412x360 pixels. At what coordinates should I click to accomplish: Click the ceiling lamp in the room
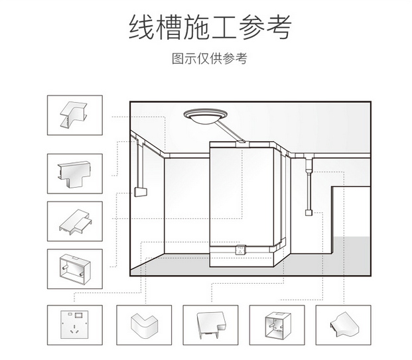[x=205, y=116]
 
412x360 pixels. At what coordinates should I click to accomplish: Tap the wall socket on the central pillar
[x=241, y=249]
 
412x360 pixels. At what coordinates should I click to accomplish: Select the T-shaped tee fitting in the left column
[x=74, y=174]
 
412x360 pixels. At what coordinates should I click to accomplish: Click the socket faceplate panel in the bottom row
[x=74, y=325]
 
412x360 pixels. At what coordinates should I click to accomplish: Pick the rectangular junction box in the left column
[x=75, y=269]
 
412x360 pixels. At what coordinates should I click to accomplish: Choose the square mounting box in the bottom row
[x=277, y=325]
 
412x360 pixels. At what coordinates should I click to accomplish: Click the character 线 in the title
[x=141, y=27]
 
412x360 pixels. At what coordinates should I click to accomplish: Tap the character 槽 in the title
[x=169, y=27]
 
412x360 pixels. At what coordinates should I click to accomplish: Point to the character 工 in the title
[x=224, y=27]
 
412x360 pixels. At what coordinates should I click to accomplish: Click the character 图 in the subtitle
[x=178, y=58]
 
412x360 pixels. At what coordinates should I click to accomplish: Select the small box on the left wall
[x=141, y=192]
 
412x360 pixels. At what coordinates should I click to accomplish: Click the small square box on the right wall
[x=309, y=212]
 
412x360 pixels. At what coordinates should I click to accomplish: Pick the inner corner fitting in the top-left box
[x=74, y=115]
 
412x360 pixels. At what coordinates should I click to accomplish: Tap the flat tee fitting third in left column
[x=76, y=222]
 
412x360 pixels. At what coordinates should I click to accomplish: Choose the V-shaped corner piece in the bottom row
[x=144, y=326]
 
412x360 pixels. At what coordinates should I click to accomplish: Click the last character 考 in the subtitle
[x=241, y=58]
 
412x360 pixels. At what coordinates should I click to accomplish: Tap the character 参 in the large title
[x=251, y=27]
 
